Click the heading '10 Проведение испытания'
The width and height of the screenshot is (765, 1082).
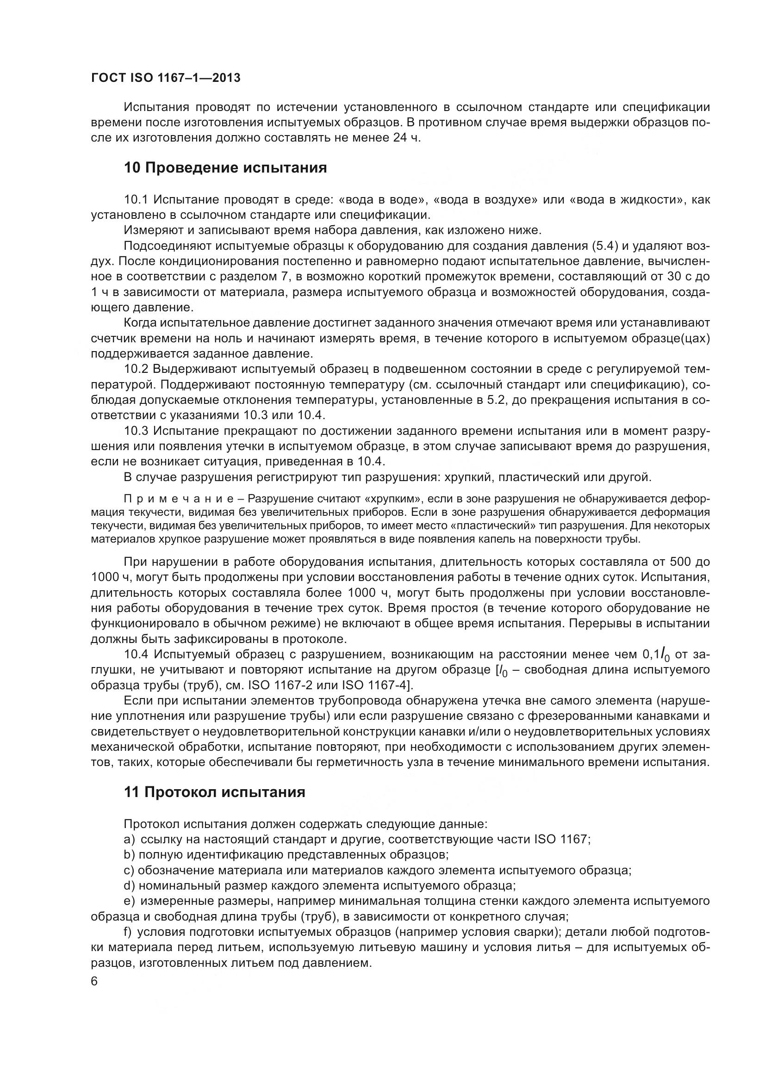point(225,168)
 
